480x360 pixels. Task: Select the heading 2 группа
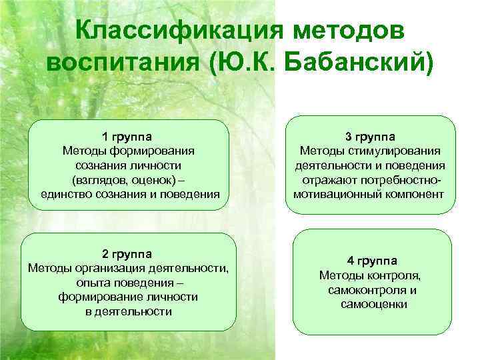click(x=127, y=254)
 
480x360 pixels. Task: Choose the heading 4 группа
click(x=371, y=260)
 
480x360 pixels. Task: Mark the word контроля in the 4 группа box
click(x=399, y=275)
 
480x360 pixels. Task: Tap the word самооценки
click(x=372, y=304)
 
